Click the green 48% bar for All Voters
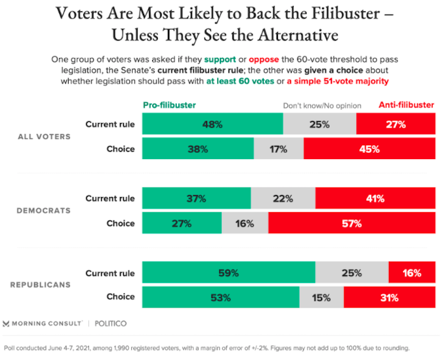pos(212,124)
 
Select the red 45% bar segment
pos(369,149)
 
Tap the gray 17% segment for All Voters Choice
pos(278,149)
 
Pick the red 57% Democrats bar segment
pos(352,223)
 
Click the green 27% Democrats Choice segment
pos(182,223)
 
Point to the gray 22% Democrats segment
pos(283,198)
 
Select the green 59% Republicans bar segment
pos(229,273)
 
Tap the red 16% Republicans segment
pos(412,273)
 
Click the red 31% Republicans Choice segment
pos(390,297)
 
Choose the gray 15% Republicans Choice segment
pos(321,297)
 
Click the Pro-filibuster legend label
pos(169,105)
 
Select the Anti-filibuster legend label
pos(407,105)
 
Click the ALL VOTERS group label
pos(44,136)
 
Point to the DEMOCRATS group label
pos(44,210)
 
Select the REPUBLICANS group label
pos(40,285)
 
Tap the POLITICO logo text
pos(110,323)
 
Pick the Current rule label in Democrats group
pos(110,198)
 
